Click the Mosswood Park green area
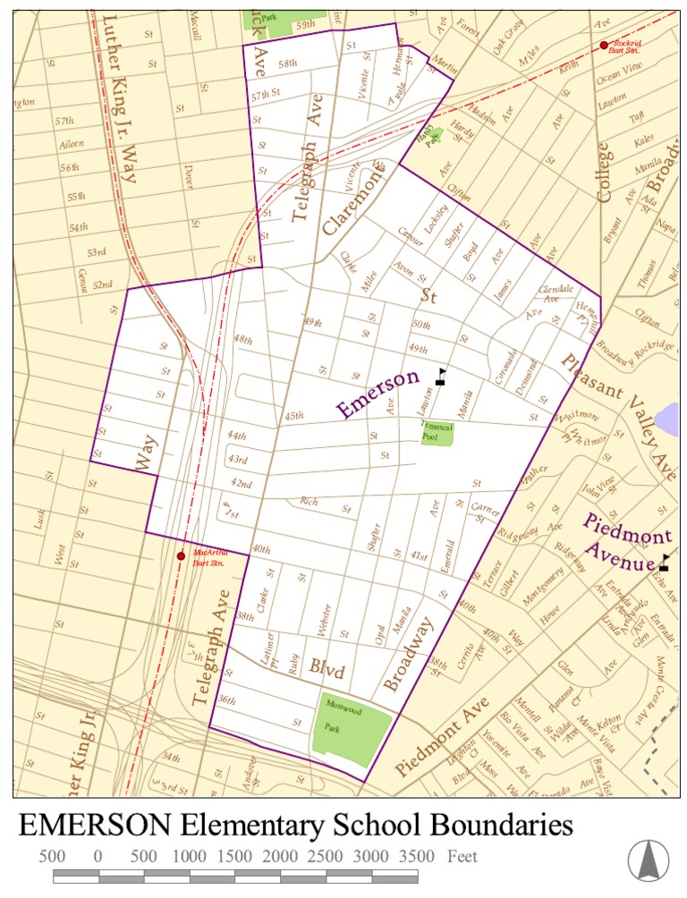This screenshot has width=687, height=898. (356, 729)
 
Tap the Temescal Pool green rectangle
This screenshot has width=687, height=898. (437, 432)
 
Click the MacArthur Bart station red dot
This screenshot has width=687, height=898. (181, 555)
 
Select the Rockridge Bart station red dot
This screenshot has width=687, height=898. (604, 45)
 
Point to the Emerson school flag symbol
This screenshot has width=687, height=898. (440, 376)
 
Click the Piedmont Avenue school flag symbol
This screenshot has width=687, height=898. (664, 563)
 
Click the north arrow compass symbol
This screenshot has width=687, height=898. (648, 860)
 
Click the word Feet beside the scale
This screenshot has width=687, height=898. (462, 856)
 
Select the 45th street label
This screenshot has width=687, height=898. (293, 416)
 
